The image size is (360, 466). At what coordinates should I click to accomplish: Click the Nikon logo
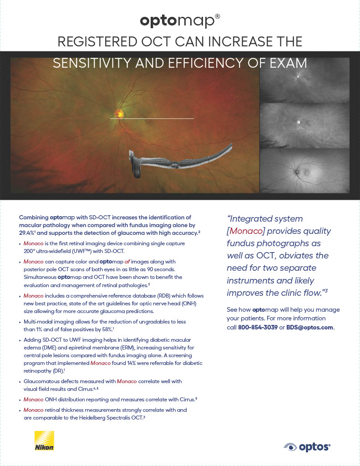coord(44,441)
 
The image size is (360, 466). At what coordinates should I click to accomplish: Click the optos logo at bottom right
coord(307,447)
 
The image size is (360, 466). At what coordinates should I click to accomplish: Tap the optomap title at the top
coord(180,20)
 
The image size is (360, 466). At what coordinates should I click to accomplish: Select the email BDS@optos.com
coord(309,327)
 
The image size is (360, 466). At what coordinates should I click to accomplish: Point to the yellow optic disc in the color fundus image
coord(119,112)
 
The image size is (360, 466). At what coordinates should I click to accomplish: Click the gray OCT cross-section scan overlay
coord(182,159)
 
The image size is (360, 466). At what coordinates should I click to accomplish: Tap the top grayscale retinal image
coord(304,80)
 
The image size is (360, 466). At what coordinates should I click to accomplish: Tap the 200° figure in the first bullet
coord(30,251)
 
